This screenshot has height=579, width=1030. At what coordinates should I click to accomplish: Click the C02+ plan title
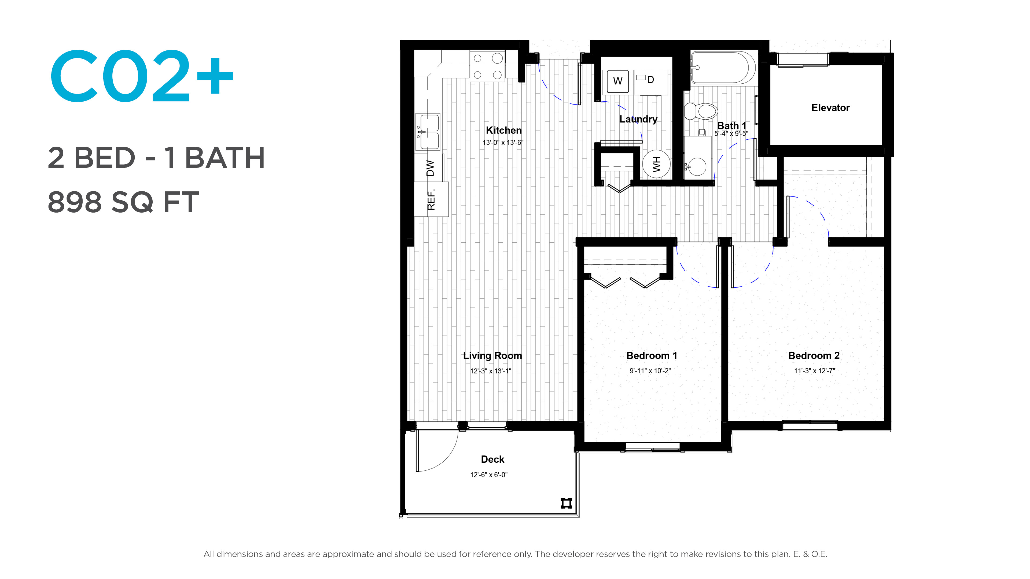click(x=142, y=76)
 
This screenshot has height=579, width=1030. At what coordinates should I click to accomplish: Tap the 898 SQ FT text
click(x=123, y=202)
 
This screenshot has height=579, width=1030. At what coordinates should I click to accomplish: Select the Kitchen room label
click(x=503, y=130)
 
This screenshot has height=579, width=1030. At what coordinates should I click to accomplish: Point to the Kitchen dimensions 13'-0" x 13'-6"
click(x=503, y=143)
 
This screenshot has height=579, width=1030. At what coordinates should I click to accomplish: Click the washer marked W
click(x=618, y=81)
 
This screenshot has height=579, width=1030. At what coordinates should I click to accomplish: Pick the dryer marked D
click(x=650, y=82)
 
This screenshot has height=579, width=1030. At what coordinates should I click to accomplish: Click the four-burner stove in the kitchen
click(x=487, y=66)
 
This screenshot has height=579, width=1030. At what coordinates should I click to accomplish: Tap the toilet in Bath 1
click(x=701, y=111)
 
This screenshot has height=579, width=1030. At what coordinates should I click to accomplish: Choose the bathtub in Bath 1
click(x=723, y=68)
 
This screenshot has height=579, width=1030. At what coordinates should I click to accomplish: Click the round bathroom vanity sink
click(x=697, y=166)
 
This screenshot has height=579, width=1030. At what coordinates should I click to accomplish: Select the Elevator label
click(x=830, y=108)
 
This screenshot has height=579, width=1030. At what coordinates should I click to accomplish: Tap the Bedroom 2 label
click(x=814, y=356)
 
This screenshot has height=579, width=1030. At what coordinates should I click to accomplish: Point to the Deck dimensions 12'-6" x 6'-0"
click(x=489, y=475)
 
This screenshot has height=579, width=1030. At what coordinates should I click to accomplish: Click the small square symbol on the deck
click(x=566, y=503)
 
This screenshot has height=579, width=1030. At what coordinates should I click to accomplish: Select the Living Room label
click(x=492, y=356)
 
